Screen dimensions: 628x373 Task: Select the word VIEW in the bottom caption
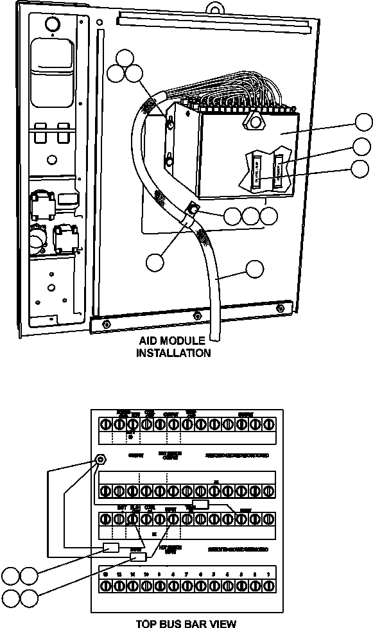(204, 623)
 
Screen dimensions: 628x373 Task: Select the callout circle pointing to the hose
(256, 270)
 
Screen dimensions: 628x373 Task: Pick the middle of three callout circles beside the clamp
(251, 216)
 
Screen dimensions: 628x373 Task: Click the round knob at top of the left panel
(51, 23)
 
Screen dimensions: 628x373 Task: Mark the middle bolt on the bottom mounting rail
(196, 315)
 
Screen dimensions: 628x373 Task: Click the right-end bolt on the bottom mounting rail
(281, 310)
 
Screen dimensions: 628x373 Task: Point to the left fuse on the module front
(256, 171)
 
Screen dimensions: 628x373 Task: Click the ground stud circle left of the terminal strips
(100, 460)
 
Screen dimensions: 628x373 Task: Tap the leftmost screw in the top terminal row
(105, 424)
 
